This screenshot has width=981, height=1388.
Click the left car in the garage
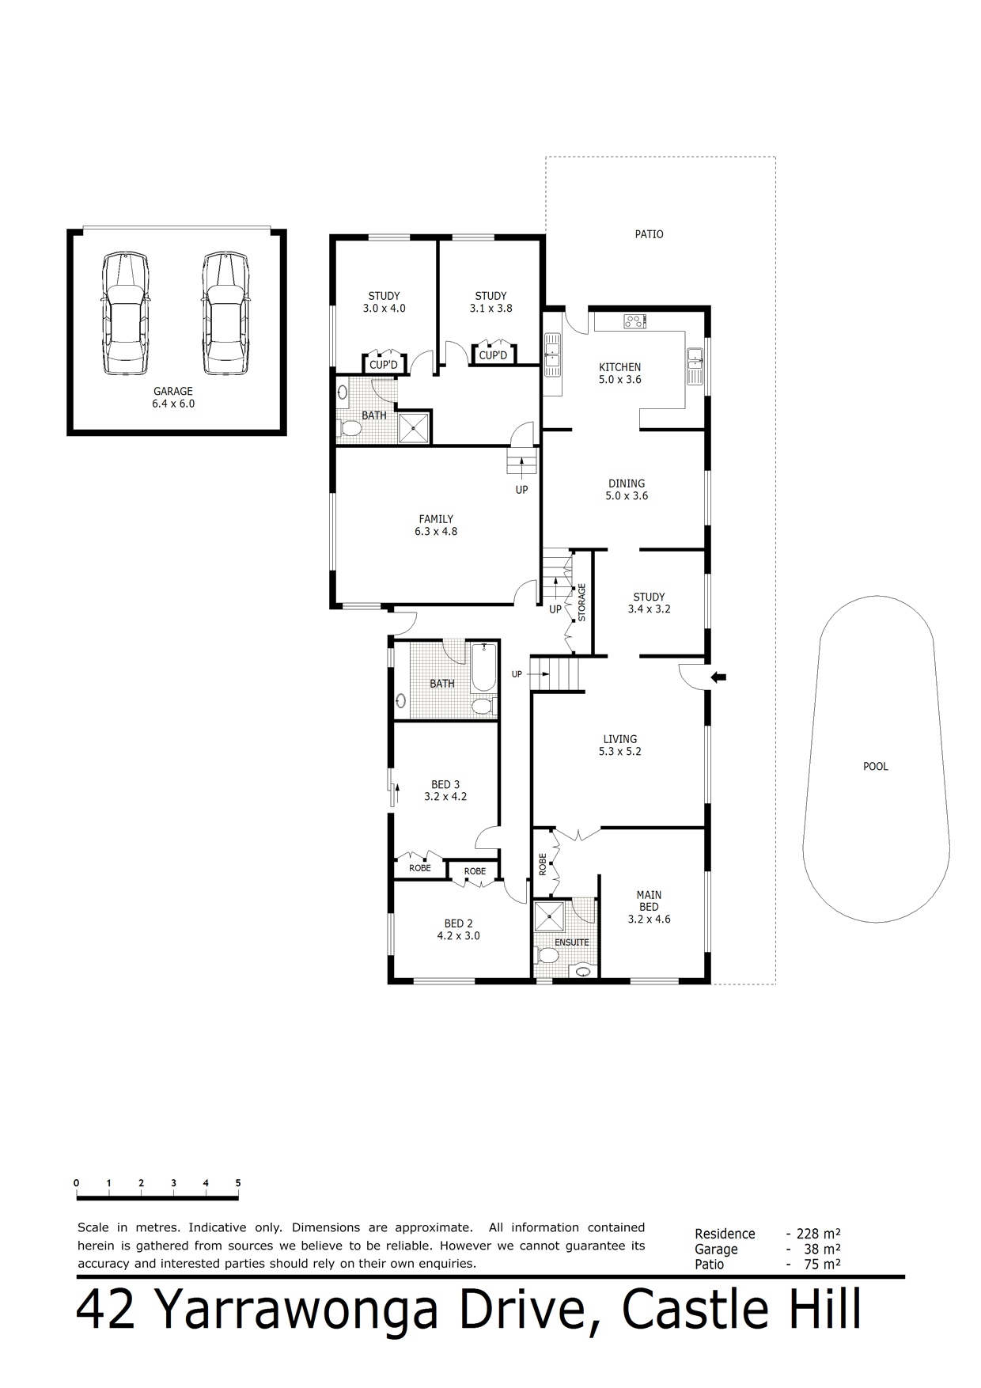pos(125,314)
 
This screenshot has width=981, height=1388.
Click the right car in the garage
pos(225,314)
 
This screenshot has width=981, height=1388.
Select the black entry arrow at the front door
pos(719,677)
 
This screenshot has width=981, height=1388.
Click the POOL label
pos(876,767)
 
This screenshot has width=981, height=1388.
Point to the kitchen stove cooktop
pos(635,321)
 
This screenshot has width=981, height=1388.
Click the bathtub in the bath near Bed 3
pos(483,668)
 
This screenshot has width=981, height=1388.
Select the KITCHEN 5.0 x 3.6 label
pos(620,374)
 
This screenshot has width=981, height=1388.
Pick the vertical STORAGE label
pos(582,602)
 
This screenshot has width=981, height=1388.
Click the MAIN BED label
pos(650,901)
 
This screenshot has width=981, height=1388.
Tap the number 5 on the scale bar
pos(238,1183)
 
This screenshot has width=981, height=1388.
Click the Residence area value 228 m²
pos(818,1233)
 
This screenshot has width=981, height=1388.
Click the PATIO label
pos(650,234)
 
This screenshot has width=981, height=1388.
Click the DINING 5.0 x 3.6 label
pos(627,490)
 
